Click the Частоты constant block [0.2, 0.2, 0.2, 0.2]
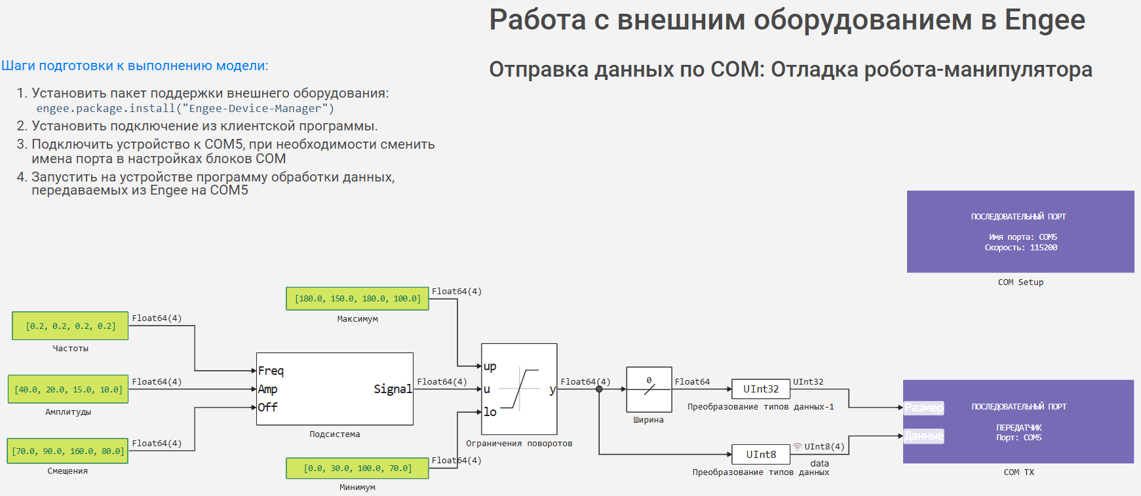(x=70, y=326)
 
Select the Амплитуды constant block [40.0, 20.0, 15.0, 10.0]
(x=68, y=389)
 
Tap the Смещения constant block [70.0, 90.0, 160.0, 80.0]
(x=68, y=451)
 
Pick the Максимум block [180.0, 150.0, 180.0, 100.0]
(x=357, y=298)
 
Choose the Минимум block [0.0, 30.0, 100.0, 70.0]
(x=357, y=468)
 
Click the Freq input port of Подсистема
(x=271, y=371)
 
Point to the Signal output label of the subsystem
(x=393, y=389)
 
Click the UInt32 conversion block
(x=761, y=389)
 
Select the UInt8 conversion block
(x=761, y=454)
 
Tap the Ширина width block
(x=649, y=389)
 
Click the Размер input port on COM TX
(x=924, y=408)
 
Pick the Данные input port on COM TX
(x=924, y=436)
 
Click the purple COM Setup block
(x=1020, y=231)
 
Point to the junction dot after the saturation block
(x=599, y=389)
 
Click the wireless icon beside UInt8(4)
(x=798, y=446)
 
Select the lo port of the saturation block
(x=490, y=412)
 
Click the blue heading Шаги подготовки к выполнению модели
(x=134, y=66)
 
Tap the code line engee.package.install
(x=185, y=109)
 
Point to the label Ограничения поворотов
(x=519, y=444)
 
